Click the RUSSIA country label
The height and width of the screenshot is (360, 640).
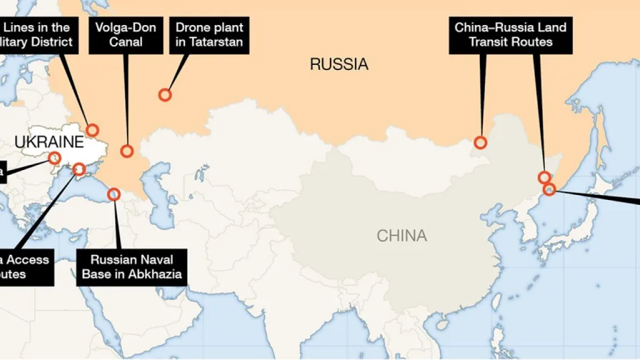(x=339, y=64)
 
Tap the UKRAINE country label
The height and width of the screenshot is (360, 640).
(x=49, y=142)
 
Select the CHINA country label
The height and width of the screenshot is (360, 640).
(x=402, y=236)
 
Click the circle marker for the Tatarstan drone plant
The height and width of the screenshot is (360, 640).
(x=165, y=95)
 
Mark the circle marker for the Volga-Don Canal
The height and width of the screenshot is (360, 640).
(x=127, y=151)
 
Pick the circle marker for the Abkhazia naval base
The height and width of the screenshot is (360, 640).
(x=114, y=194)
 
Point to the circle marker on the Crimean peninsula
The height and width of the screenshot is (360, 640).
(x=79, y=169)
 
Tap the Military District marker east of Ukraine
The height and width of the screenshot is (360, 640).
(x=92, y=130)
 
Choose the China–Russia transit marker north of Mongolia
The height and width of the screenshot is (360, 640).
(x=480, y=142)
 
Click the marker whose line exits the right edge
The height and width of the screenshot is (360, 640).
(x=549, y=189)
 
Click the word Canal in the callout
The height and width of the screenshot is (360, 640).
(x=126, y=42)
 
